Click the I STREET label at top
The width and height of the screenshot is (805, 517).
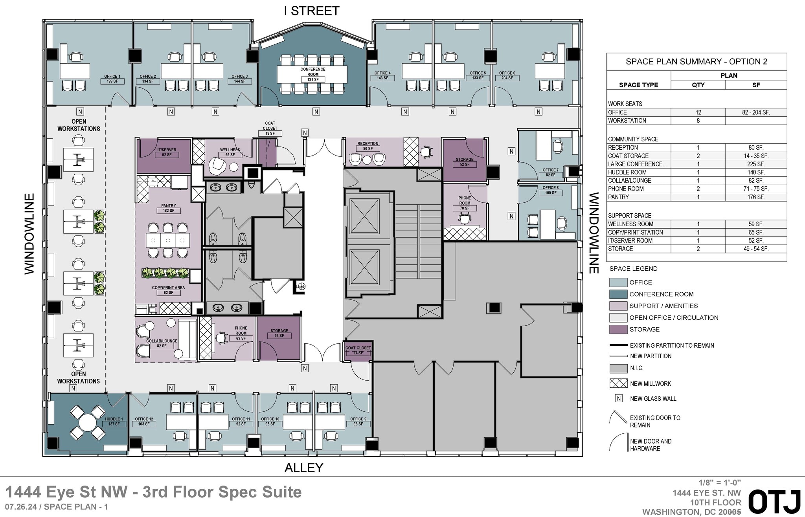[311, 11]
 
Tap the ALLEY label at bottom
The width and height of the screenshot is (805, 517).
[303, 467]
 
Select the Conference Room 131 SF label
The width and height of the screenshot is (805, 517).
[313, 75]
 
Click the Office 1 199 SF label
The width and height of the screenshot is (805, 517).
[112, 79]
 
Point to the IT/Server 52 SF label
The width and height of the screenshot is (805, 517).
[167, 152]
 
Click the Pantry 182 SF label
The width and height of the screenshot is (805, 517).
[169, 208]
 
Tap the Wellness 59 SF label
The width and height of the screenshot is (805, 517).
[230, 152]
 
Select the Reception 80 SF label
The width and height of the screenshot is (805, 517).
[368, 146]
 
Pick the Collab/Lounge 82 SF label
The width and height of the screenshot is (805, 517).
[162, 343]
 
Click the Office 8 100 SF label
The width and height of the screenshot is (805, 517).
[550, 190]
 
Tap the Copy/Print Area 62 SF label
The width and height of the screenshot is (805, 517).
[168, 290]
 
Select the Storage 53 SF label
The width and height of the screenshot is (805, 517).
[279, 333]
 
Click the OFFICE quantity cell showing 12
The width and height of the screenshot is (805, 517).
[698, 112]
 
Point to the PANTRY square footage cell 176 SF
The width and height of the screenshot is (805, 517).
[755, 197]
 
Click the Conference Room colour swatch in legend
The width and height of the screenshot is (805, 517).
[618, 294]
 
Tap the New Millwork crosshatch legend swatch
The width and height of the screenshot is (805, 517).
[618, 383]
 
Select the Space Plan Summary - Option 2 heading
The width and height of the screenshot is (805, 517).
[696, 62]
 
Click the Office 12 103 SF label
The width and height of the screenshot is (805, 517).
[144, 422]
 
